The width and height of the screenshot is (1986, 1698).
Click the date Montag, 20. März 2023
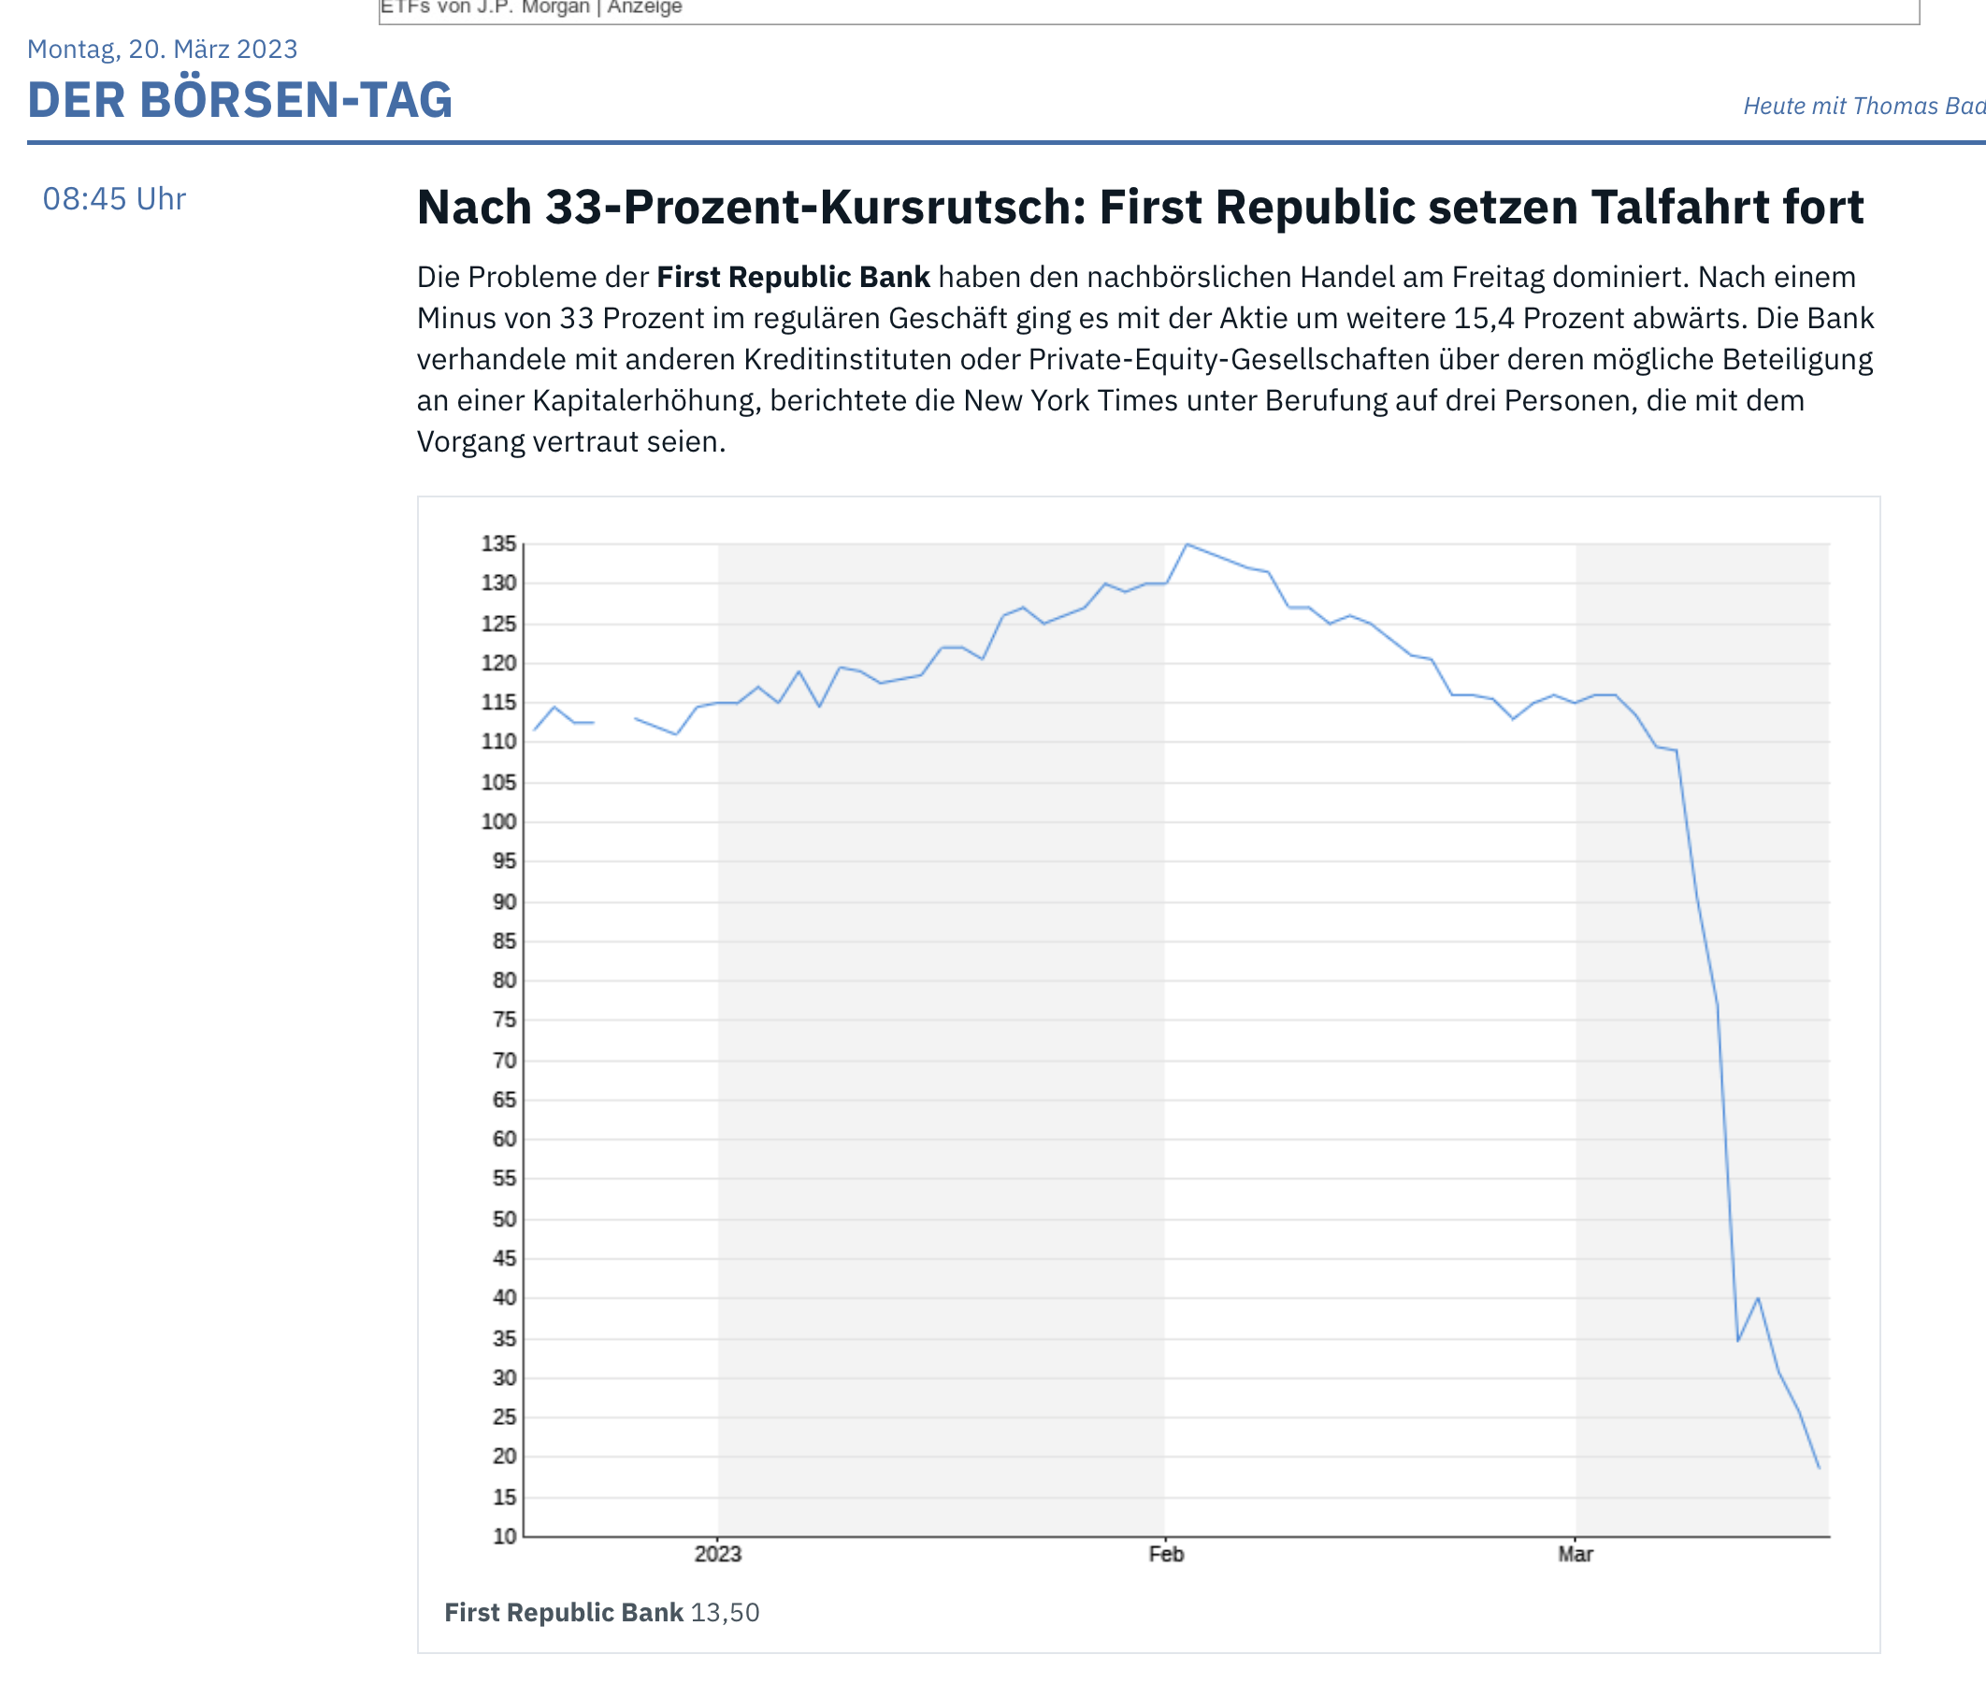point(162,49)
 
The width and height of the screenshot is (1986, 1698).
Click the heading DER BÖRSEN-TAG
point(239,100)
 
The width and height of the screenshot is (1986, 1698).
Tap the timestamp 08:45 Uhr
point(114,198)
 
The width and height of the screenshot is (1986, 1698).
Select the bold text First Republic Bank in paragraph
point(793,277)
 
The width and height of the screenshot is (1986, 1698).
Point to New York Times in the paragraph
point(1071,400)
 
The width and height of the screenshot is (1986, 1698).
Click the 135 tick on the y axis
point(498,544)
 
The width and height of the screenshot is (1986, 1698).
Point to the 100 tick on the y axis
point(498,822)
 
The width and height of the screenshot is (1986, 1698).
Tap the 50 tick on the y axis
point(503,1219)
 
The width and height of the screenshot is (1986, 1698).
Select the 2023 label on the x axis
point(718,1554)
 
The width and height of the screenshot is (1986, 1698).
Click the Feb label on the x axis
point(1167,1554)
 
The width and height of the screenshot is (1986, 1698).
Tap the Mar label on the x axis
point(1575,1554)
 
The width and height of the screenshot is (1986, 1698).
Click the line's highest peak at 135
point(1187,544)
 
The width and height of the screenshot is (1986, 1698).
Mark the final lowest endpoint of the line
point(1819,1467)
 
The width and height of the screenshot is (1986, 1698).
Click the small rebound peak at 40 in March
point(1758,1299)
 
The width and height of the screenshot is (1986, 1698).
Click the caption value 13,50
point(725,1613)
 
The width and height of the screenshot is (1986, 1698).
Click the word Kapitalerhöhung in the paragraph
point(647,400)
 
